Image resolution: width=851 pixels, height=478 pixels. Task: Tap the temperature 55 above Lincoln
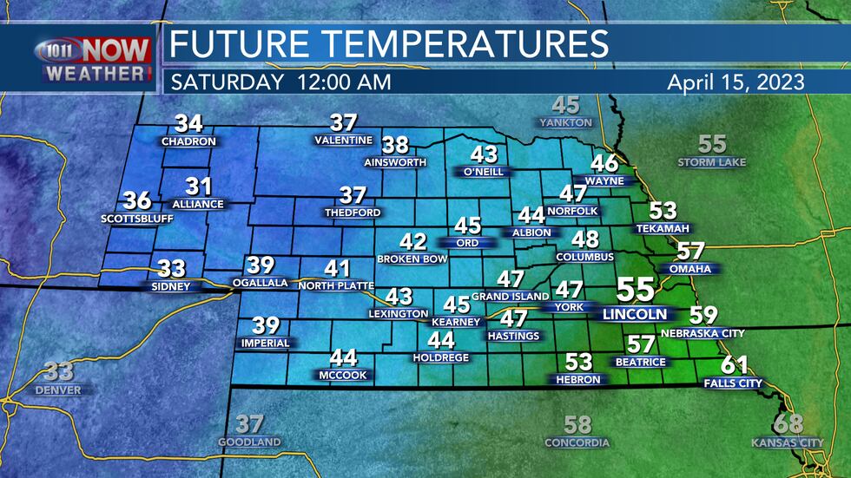click(x=637, y=291)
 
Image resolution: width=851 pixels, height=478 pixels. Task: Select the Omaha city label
click(x=690, y=269)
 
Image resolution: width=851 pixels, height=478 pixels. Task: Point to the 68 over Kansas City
click(x=788, y=425)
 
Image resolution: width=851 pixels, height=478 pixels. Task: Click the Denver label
click(x=58, y=390)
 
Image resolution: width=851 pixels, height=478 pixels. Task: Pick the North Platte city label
click(x=335, y=285)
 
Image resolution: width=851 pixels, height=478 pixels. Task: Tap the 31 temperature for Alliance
click(x=199, y=187)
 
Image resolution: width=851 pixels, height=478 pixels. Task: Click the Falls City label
click(x=733, y=383)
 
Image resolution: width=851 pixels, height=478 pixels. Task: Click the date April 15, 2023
click(x=735, y=83)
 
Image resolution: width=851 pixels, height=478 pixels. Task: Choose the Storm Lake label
click(x=711, y=162)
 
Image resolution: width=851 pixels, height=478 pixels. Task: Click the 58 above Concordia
click(x=577, y=425)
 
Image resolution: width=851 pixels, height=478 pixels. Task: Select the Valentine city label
click(x=343, y=140)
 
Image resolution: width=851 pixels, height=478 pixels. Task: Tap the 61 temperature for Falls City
click(x=733, y=365)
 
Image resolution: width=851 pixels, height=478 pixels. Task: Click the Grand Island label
click(x=510, y=297)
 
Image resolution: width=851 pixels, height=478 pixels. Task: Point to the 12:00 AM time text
click(x=342, y=83)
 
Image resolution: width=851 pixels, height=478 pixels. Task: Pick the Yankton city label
click(x=565, y=123)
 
